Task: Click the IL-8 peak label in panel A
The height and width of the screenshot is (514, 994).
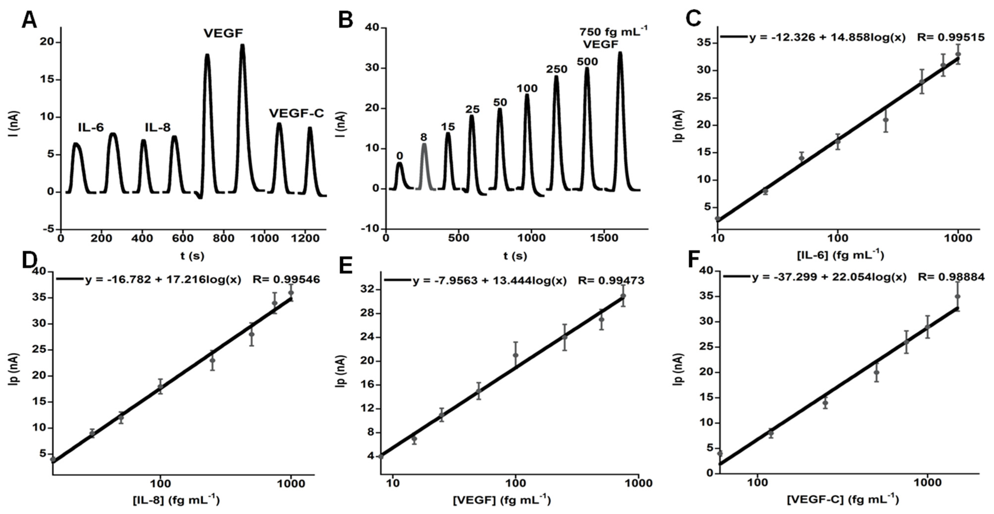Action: (x=158, y=127)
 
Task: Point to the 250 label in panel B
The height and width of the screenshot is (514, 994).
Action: (x=557, y=69)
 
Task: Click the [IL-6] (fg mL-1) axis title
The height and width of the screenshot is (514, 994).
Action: (x=840, y=255)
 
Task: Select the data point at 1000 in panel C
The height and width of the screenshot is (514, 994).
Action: (x=958, y=54)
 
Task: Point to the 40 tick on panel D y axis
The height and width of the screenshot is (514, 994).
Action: (x=40, y=272)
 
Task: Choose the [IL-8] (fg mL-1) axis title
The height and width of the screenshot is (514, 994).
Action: (x=176, y=500)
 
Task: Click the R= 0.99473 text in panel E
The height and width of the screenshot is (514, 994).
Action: (x=611, y=280)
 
